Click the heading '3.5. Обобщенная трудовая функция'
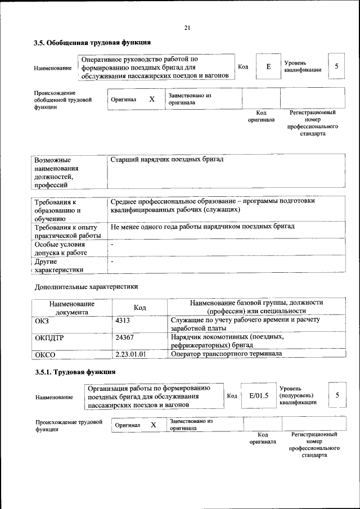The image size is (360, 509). click(x=92, y=42)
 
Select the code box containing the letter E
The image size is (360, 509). click(x=268, y=66)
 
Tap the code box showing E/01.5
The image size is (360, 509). click(x=259, y=395)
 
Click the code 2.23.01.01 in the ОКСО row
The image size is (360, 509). click(x=130, y=354)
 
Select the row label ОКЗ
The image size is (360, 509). click(x=43, y=320)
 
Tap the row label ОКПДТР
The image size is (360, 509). click(x=50, y=338)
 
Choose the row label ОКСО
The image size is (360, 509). click(x=46, y=354)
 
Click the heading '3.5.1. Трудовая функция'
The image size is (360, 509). click(x=75, y=372)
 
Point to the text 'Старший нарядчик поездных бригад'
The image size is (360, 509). click(x=167, y=160)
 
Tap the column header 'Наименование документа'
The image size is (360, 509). click(x=71, y=307)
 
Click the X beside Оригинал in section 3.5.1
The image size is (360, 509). click(x=153, y=425)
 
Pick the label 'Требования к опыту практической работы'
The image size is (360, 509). click(x=67, y=231)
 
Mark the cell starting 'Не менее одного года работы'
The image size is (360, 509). click(x=202, y=227)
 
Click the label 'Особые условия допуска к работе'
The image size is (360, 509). click(x=61, y=249)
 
